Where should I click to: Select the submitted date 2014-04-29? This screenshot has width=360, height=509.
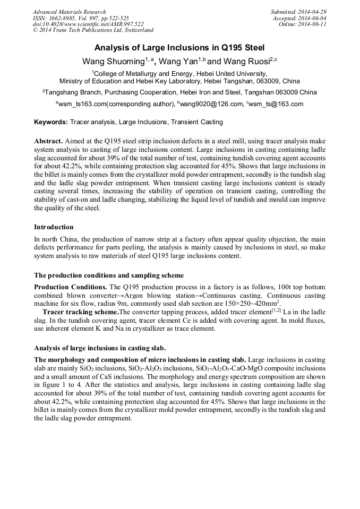(313, 12)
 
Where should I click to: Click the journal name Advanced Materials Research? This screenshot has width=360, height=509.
(69, 12)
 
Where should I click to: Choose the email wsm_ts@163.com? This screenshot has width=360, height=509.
(276, 104)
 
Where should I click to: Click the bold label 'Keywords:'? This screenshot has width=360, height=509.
(51, 122)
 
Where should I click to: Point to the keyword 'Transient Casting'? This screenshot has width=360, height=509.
(196, 122)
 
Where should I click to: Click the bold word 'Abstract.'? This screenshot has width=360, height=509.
(48, 142)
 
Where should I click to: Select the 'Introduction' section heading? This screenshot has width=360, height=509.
(54, 227)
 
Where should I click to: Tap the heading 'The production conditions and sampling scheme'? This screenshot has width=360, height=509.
(109, 275)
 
